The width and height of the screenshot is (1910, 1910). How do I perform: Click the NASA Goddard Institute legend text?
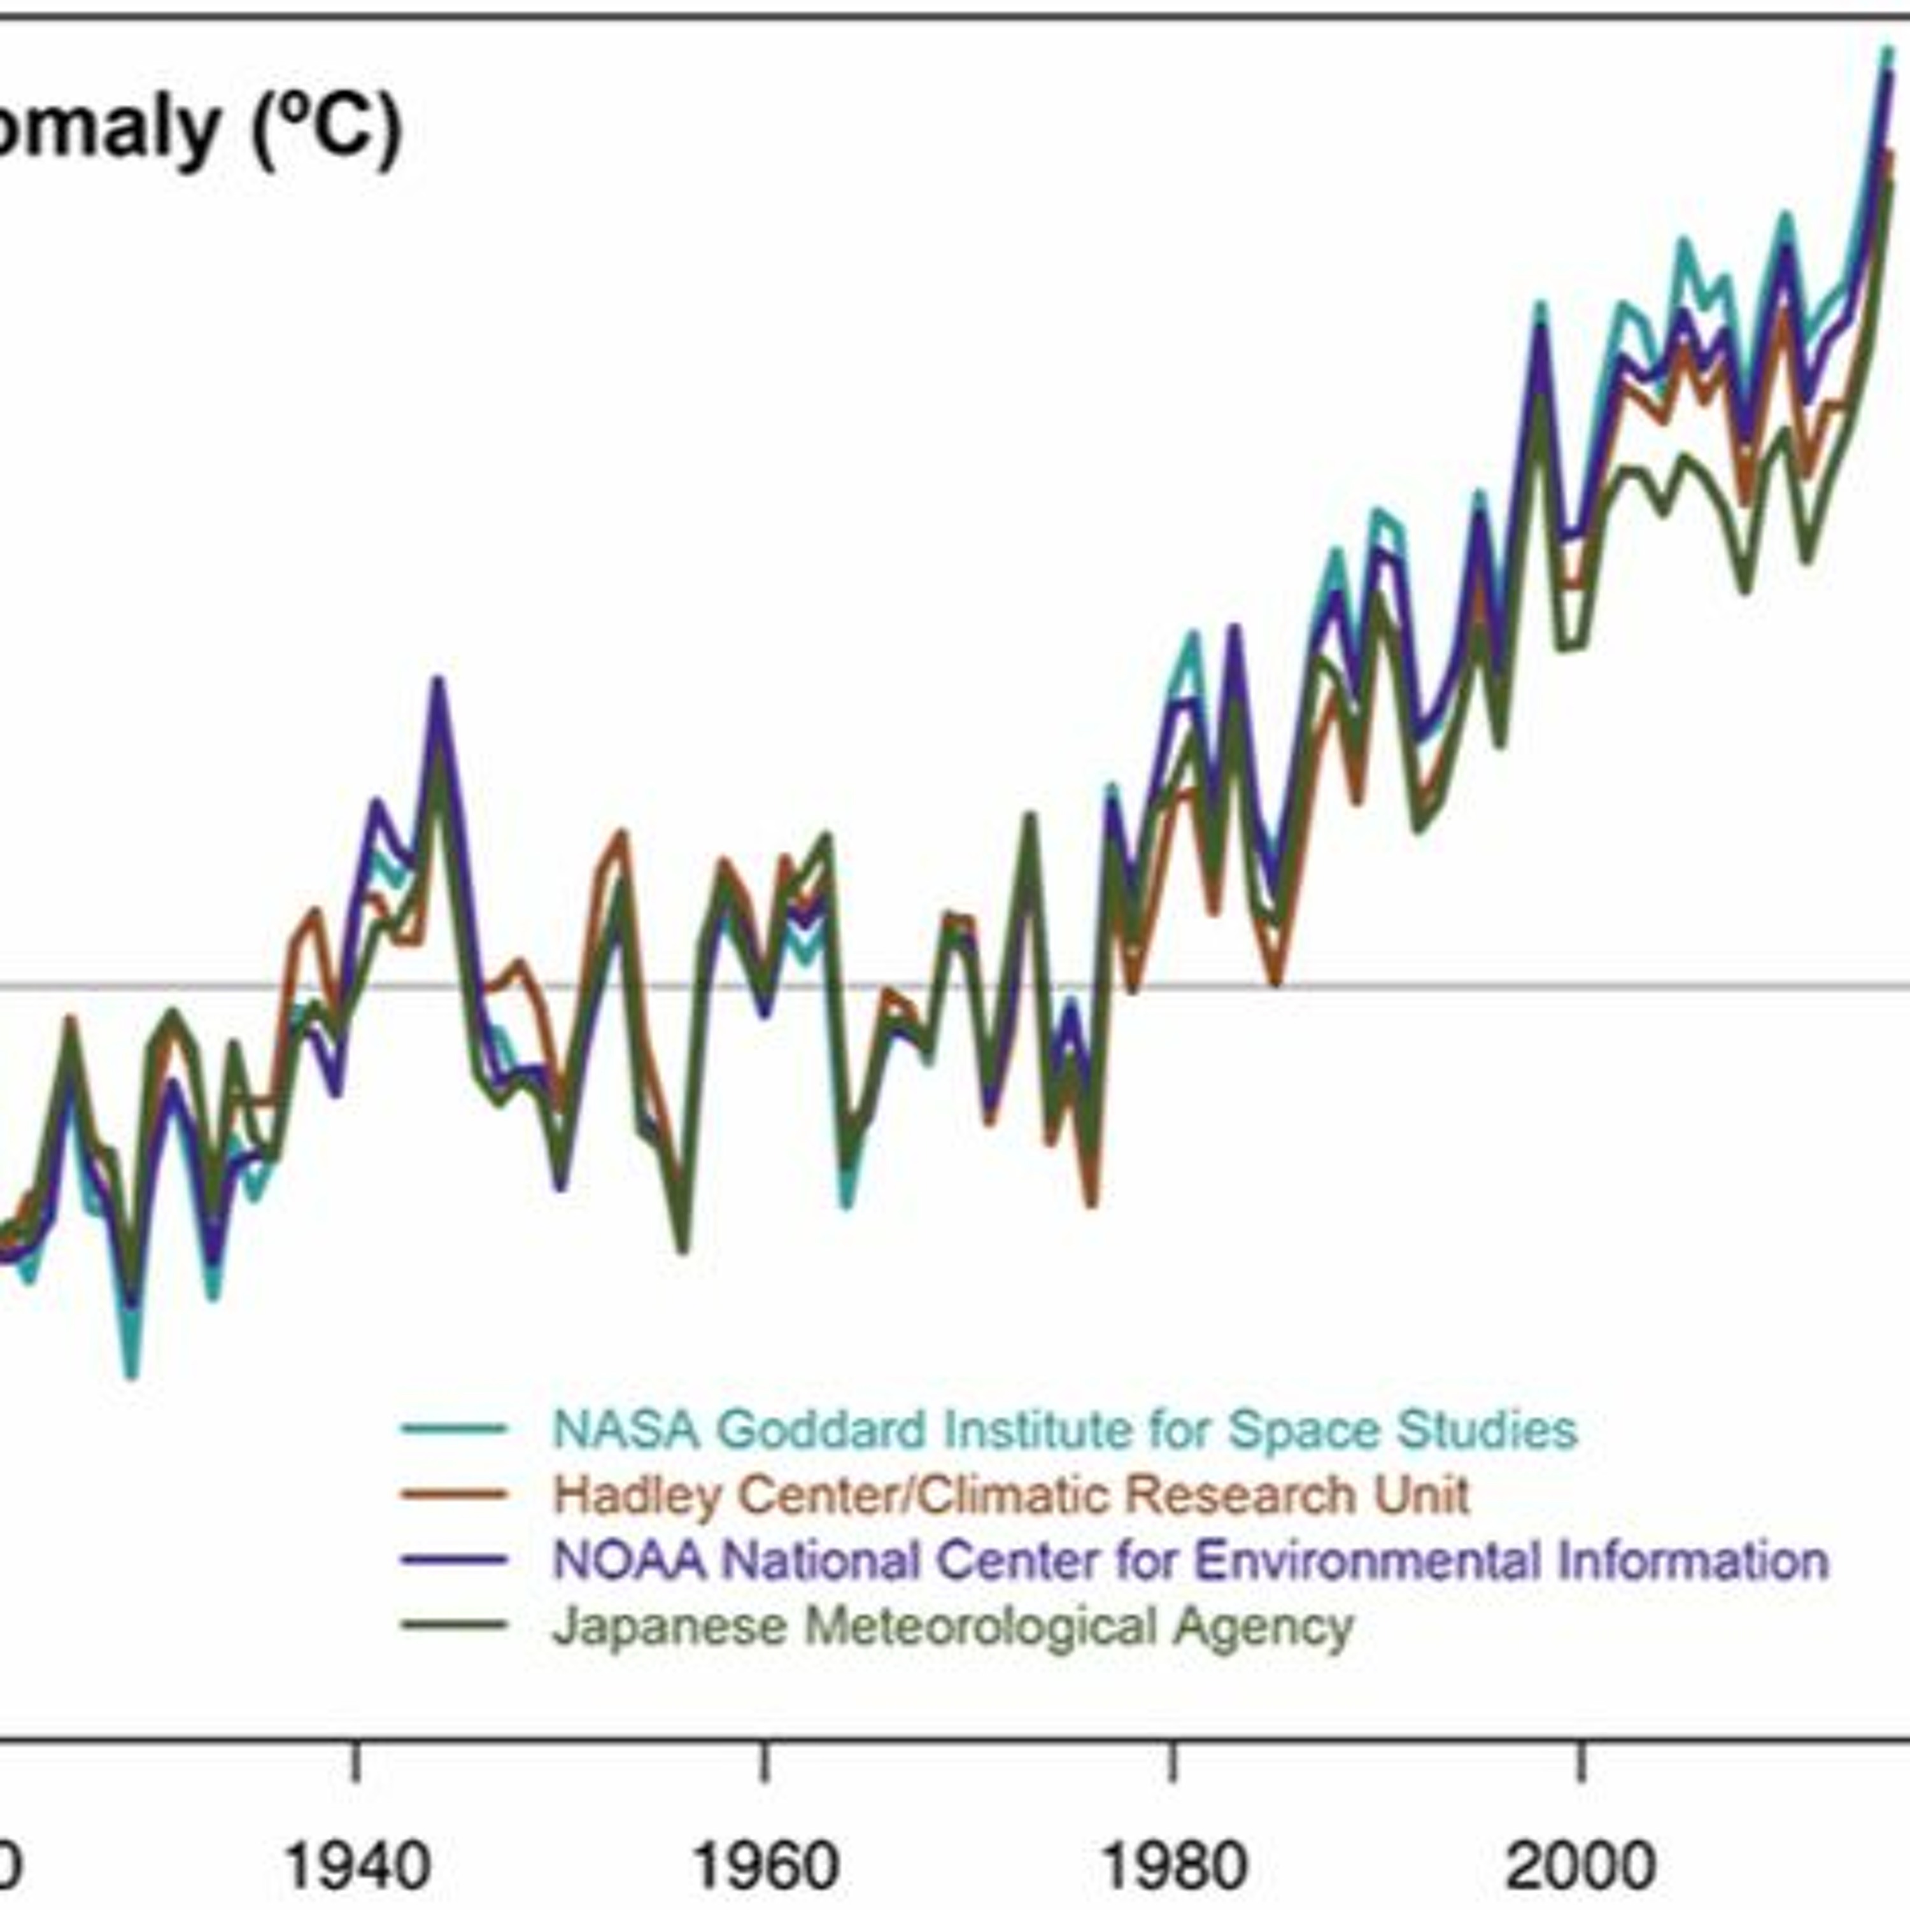(x=1064, y=1429)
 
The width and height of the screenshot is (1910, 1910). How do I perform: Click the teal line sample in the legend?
(x=454, y=1427)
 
